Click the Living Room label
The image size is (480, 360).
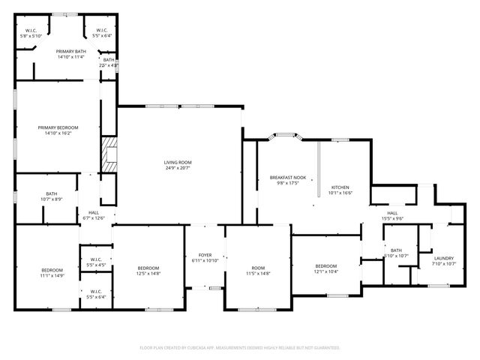coord(178,162)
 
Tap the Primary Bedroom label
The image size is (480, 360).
coord(58,127)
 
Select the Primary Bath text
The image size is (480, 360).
coord(70,51)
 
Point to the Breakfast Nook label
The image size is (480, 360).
coord(284,177)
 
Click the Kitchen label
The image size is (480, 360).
coord(340,187)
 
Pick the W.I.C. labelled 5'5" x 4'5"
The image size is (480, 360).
coord(96,265)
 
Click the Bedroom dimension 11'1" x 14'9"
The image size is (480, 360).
coord(52,275)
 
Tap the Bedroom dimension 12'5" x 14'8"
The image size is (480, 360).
coord(148,274)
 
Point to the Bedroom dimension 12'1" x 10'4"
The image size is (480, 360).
coord(326,271)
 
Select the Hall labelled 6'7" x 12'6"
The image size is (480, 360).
coord(94,218)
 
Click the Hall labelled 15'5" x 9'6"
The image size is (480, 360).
coord(393,218)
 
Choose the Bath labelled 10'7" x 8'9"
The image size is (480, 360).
coord(52,199)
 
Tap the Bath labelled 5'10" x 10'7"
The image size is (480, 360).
coord(395,256)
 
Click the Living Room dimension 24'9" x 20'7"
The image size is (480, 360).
coord(178,168)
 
